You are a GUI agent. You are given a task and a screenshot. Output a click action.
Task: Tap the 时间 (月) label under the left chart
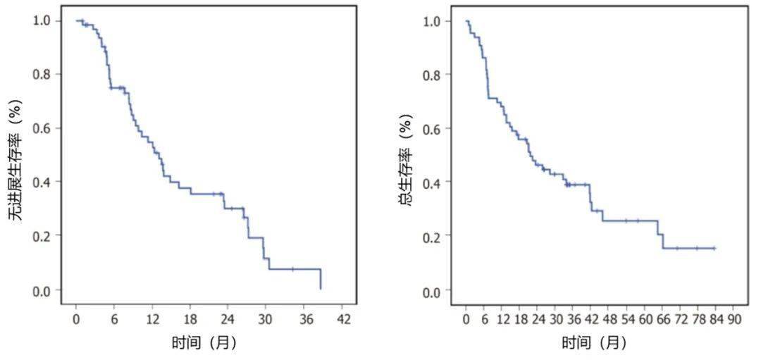pyautogui.click(x=204, y=343)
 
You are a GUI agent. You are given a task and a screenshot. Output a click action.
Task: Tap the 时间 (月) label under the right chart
pyautogui.click(x=593, y=343)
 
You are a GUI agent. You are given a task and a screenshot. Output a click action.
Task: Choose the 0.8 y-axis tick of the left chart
pyautogui.click(x=42, y=75)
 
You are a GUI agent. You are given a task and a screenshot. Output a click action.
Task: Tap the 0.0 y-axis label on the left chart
pyautogui.click(x=42, y=290)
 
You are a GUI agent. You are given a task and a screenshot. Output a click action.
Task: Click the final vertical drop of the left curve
pyautogui.click(x=321, y=279)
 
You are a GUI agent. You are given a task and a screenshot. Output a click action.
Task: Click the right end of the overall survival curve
pyautogui.click(x=714, y=248)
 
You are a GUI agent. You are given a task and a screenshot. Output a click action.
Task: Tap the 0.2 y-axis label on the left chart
pyautogui.click(x=42, y=236)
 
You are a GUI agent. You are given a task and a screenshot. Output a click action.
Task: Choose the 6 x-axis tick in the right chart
pyautogui.click(x=484, y=319)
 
